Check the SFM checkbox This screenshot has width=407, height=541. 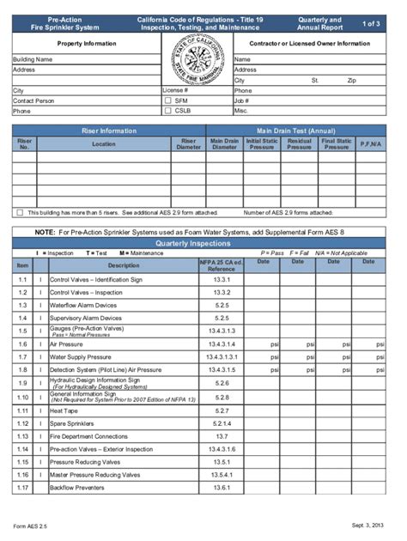tap(168, 100)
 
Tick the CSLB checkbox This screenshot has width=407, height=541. tap(168, 111)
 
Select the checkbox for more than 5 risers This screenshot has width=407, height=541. tap(20, 212)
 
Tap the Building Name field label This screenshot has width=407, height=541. tap(33, 59)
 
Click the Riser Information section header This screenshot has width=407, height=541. tap(108, 131)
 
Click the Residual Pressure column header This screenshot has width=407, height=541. tap(299, 144)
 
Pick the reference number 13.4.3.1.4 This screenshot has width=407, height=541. tap(222, 343)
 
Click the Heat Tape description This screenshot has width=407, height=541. tap(65, 410)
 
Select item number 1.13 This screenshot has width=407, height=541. tap(23, 436)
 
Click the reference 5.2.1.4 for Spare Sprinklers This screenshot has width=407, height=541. tap(222, 423)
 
